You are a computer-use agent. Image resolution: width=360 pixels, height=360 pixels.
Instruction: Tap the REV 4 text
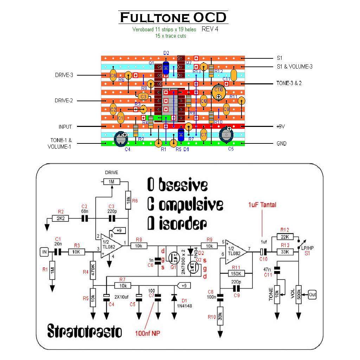click(x=210, y=29)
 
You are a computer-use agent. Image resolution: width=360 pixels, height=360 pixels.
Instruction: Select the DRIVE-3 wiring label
click(x=64, y=75)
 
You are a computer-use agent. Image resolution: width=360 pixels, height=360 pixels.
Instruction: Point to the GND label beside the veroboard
click(x=282, y=143)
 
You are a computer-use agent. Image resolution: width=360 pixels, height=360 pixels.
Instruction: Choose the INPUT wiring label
click(x=65, y=127)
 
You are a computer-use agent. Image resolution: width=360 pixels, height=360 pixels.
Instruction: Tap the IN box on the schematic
click(x=44, y=251)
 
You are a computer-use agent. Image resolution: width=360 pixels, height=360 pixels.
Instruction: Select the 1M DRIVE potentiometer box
click(x=112, y=181)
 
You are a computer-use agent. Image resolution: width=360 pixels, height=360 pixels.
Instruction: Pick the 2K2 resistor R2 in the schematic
click(x=61, y=218)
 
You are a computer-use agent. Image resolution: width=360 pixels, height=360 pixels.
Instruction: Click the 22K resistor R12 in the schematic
click(x=285, y=237)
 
